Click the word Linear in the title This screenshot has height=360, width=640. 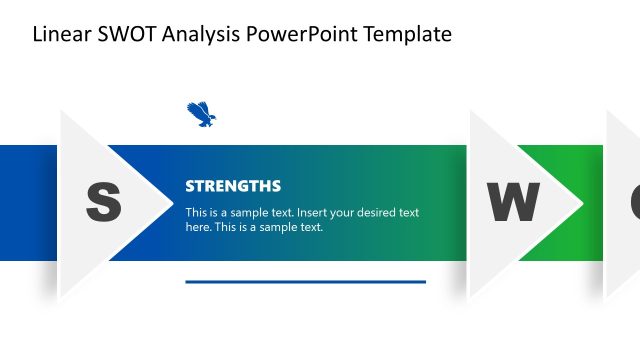click(60, 35)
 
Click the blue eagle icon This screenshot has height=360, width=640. click(201, 115)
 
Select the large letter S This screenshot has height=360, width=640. click(103, 203)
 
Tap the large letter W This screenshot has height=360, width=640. click(512, 203)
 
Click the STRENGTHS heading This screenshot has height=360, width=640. click(233, 186)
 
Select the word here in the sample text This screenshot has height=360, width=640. click(198, 227)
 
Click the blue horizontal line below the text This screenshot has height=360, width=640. click(305, 282)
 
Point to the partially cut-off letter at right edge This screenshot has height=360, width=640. click(634, 203)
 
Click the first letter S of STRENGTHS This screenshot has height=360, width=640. click(190, 186)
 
